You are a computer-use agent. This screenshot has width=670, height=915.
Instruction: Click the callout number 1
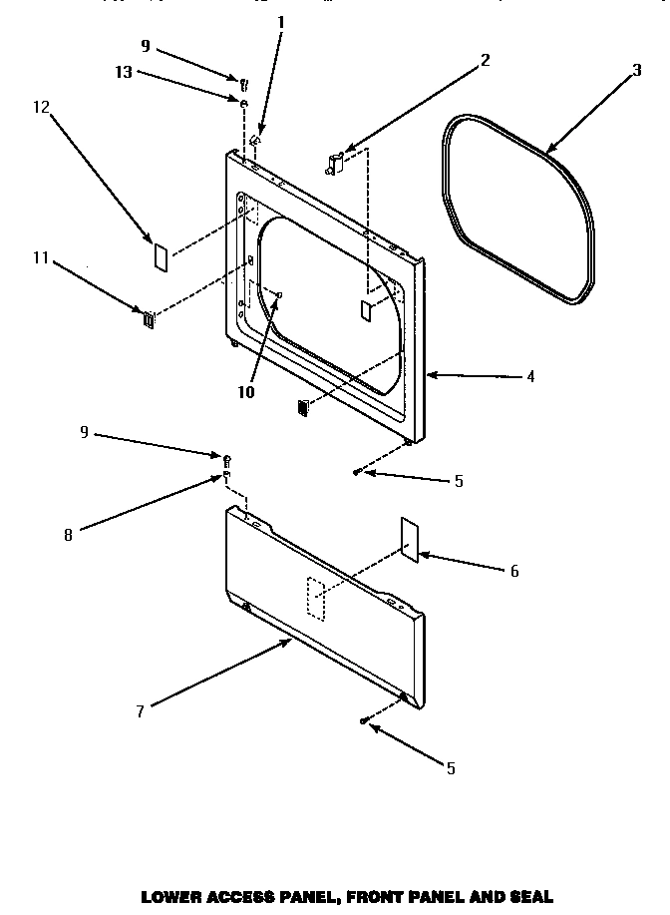point(280,21)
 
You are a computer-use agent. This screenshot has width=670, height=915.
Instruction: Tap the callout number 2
point(485,59)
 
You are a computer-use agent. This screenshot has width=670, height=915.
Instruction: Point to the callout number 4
point(530,376)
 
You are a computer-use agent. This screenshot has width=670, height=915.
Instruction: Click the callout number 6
point(513,571)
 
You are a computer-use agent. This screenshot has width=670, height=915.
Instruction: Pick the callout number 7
point(141,710)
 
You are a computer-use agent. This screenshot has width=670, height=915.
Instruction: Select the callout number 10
point(246,391)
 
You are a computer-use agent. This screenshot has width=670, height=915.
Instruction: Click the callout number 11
point(40,258)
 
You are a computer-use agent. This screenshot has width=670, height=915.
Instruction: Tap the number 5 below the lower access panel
point(451,767)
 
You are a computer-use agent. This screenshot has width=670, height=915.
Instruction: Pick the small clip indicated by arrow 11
point(149,319)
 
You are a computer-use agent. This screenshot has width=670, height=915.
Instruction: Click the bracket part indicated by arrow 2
point(335,161)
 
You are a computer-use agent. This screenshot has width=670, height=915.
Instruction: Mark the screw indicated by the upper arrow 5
point(357,471)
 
